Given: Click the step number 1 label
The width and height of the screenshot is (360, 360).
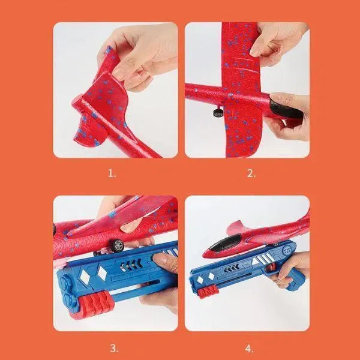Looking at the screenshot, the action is pyautogui.click(x=112, y=173).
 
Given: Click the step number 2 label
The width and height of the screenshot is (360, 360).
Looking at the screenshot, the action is pyautogui.click(x=251, y=173).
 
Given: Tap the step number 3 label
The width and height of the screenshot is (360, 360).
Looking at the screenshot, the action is pyautogui.click(x=115, y=348).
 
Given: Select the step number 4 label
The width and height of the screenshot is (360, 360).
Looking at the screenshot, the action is pyautogui.click(x=250, y=349).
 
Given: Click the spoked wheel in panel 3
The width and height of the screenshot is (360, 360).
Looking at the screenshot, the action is pyautogui.click(x=117, y=245).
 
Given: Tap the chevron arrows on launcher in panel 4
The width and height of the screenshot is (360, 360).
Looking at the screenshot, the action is pyautogui.click(x=232, y=268).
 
